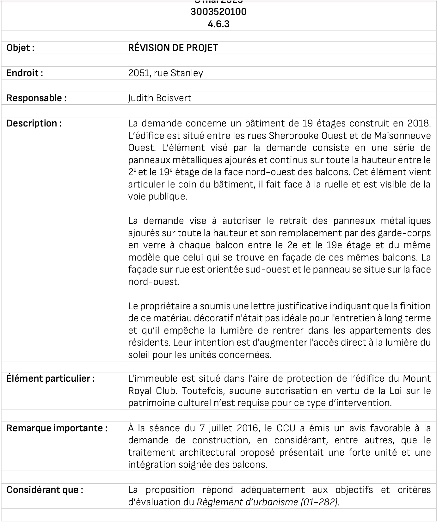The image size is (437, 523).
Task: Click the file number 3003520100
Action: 218,12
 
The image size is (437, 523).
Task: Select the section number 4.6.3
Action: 218,24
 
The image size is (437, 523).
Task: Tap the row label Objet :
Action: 21,48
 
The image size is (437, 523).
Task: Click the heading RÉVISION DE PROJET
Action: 173,48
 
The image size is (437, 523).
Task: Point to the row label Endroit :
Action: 25,73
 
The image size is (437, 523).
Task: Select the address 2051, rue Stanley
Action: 166,73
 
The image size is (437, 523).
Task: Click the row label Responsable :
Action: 36,98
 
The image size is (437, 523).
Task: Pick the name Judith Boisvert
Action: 160,98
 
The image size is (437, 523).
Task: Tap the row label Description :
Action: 34,123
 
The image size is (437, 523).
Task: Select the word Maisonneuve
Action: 402,136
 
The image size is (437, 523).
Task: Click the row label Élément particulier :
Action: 51,378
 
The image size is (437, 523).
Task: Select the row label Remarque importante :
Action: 57,428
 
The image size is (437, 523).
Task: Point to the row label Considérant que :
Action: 45,490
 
